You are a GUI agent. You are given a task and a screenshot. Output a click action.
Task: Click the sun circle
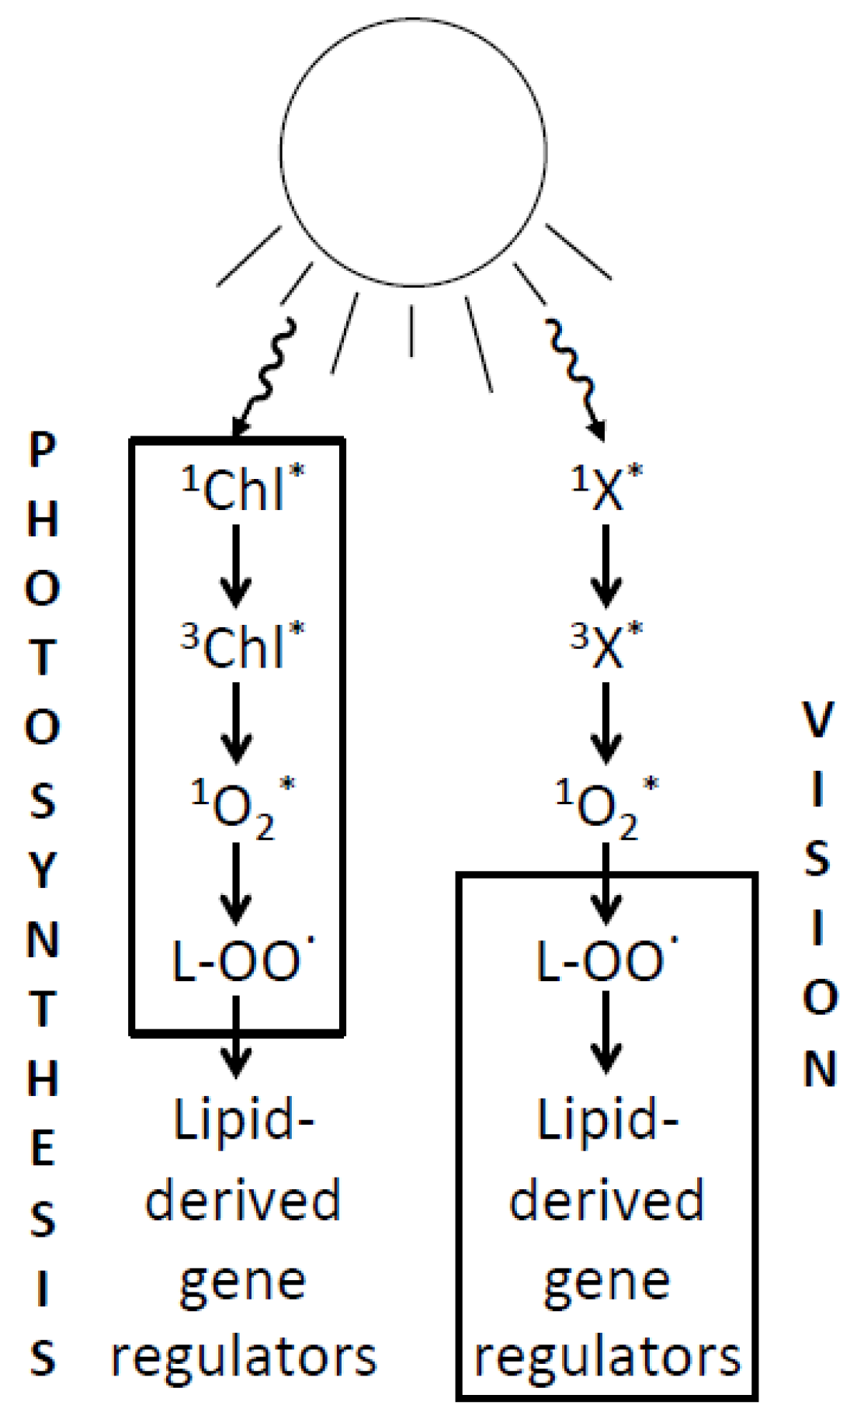tap(413, 152)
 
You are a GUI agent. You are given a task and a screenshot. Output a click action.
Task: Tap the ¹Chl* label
tap(242, 489)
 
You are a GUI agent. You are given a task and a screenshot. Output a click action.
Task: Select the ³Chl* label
tap(242, 645)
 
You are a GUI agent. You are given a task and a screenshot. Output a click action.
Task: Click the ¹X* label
tap(607, 489)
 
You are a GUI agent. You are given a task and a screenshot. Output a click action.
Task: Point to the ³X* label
tap(607, 645)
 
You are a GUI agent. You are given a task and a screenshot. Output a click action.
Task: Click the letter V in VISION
tap(817, 720)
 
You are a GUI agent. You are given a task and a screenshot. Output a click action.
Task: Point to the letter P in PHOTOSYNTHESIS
tap(43, 451)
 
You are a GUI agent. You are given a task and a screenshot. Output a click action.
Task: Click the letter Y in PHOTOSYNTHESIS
tap(43, 871)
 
